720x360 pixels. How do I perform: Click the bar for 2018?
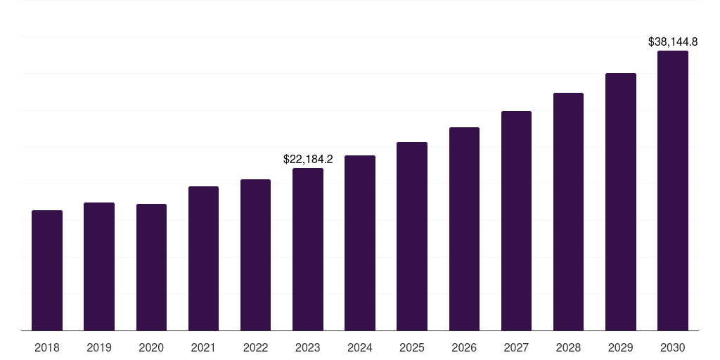point(47,271)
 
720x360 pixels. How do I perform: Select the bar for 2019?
point(99,266)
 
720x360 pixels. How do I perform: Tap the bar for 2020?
point(151,267)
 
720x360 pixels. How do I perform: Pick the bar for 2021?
point(203,259)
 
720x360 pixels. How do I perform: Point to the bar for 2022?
point(255,255)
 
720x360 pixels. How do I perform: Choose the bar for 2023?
point(308,250)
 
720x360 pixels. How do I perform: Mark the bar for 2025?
point(412,236)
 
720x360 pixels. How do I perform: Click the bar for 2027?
point(516,221)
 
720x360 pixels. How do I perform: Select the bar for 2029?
point(620,202)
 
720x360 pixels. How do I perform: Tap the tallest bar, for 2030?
point(673,191)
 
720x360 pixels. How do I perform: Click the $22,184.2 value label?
point(308,160)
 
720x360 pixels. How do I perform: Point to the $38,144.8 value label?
point(673,42)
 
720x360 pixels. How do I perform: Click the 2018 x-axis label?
point(47,347)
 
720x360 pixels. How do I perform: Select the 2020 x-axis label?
point(151,347)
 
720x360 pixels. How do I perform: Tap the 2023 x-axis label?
point(308,347)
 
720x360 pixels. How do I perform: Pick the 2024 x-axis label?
point(360,347)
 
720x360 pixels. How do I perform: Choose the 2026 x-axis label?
point(464,347)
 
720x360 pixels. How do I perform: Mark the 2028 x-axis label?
point(568,347)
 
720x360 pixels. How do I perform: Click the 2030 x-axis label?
point(673,347)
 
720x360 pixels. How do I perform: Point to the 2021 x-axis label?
point(203,347)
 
